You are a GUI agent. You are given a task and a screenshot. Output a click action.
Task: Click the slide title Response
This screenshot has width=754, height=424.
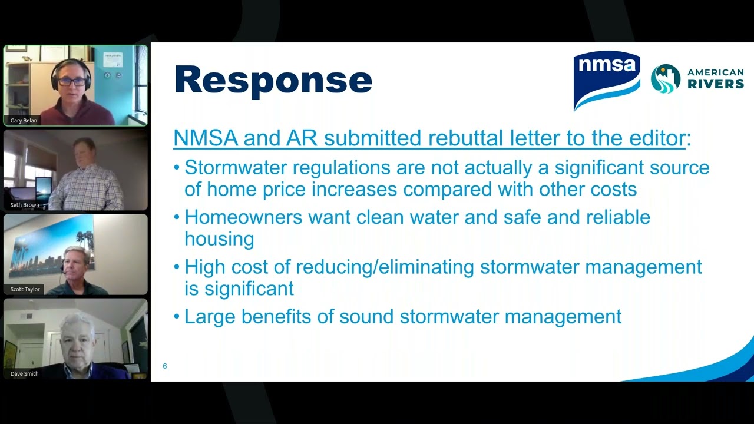point(273,80)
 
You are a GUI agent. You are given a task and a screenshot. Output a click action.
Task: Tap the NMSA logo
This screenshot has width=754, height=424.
point(607,80)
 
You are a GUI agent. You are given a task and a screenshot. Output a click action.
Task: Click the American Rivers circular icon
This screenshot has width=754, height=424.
point(666,78)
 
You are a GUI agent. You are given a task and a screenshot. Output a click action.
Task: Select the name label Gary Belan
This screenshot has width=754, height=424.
point(24,121)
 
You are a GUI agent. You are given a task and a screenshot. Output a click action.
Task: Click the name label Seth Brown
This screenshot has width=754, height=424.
point(25,205)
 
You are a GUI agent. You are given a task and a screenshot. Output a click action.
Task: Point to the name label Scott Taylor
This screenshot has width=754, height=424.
point(25,290)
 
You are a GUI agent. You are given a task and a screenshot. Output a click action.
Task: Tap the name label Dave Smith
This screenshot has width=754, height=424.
point(24,374)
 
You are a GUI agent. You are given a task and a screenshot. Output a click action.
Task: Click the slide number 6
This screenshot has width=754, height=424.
point(165,366)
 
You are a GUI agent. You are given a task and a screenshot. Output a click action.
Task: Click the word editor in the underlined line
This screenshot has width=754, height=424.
point(654,138)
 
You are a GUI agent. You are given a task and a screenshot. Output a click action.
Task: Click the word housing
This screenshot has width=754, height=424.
point(219,239)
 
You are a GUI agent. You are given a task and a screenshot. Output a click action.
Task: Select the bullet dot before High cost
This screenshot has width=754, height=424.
point(177,267)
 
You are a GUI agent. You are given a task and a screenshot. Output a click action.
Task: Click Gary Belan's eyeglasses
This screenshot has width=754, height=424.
point(71,81)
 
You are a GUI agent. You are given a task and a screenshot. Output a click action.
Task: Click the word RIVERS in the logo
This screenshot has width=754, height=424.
point(716,84)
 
